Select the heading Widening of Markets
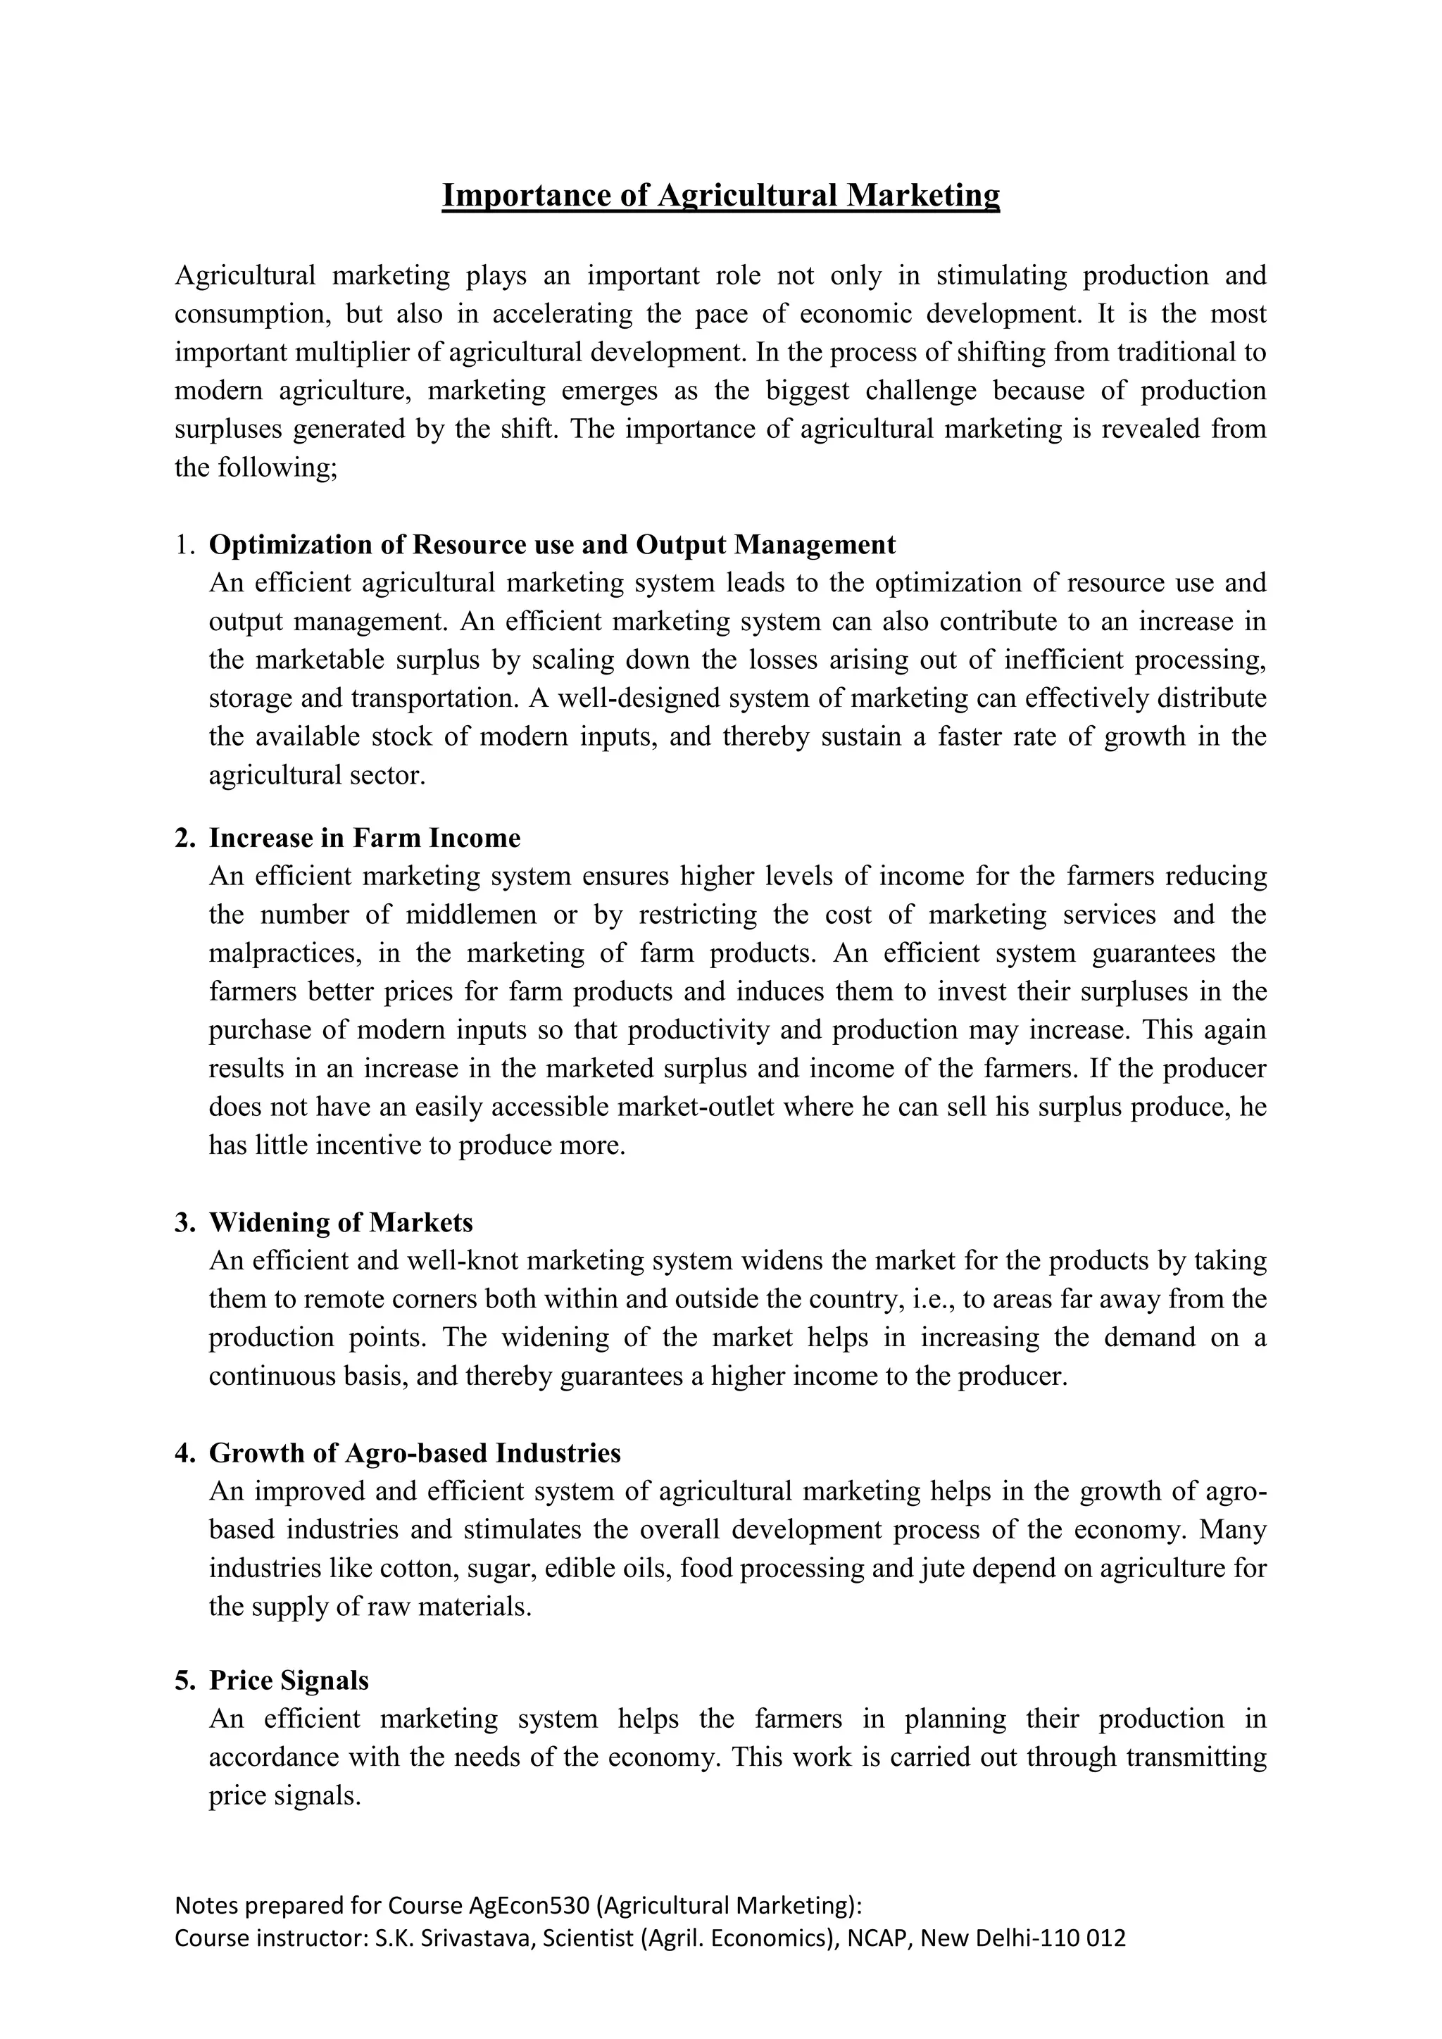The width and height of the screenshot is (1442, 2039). (340, 1222)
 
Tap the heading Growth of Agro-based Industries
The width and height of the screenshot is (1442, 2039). (415, 1453)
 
